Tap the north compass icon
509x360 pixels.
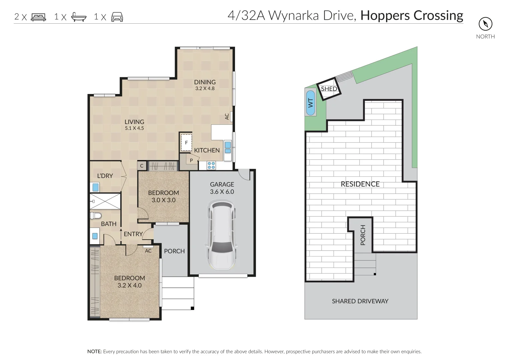tap(485, 24)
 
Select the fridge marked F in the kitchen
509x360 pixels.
tap(186, 143)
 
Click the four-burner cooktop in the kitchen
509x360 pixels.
tap(211, 165)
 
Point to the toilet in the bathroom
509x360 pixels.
tap(96, 215)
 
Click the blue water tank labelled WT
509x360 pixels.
tap(310, 103)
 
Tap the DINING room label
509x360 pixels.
tap(205, 82)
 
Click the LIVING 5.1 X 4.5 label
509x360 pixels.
tap(134, 125)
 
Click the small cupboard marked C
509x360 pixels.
tap(142, 166)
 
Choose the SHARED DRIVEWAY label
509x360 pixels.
tap(360, 301)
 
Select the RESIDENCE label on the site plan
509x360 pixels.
tap(360, 184)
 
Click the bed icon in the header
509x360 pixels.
tap(38, 17)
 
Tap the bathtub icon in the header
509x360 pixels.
tap(79, 17)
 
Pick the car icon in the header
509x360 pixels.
tap(117, 17)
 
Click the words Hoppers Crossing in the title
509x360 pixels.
tap(412, 16)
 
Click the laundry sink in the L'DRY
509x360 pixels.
tap(95, 187)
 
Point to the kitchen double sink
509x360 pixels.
tap(228, 147)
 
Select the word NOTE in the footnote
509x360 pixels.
tap(94, 352)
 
